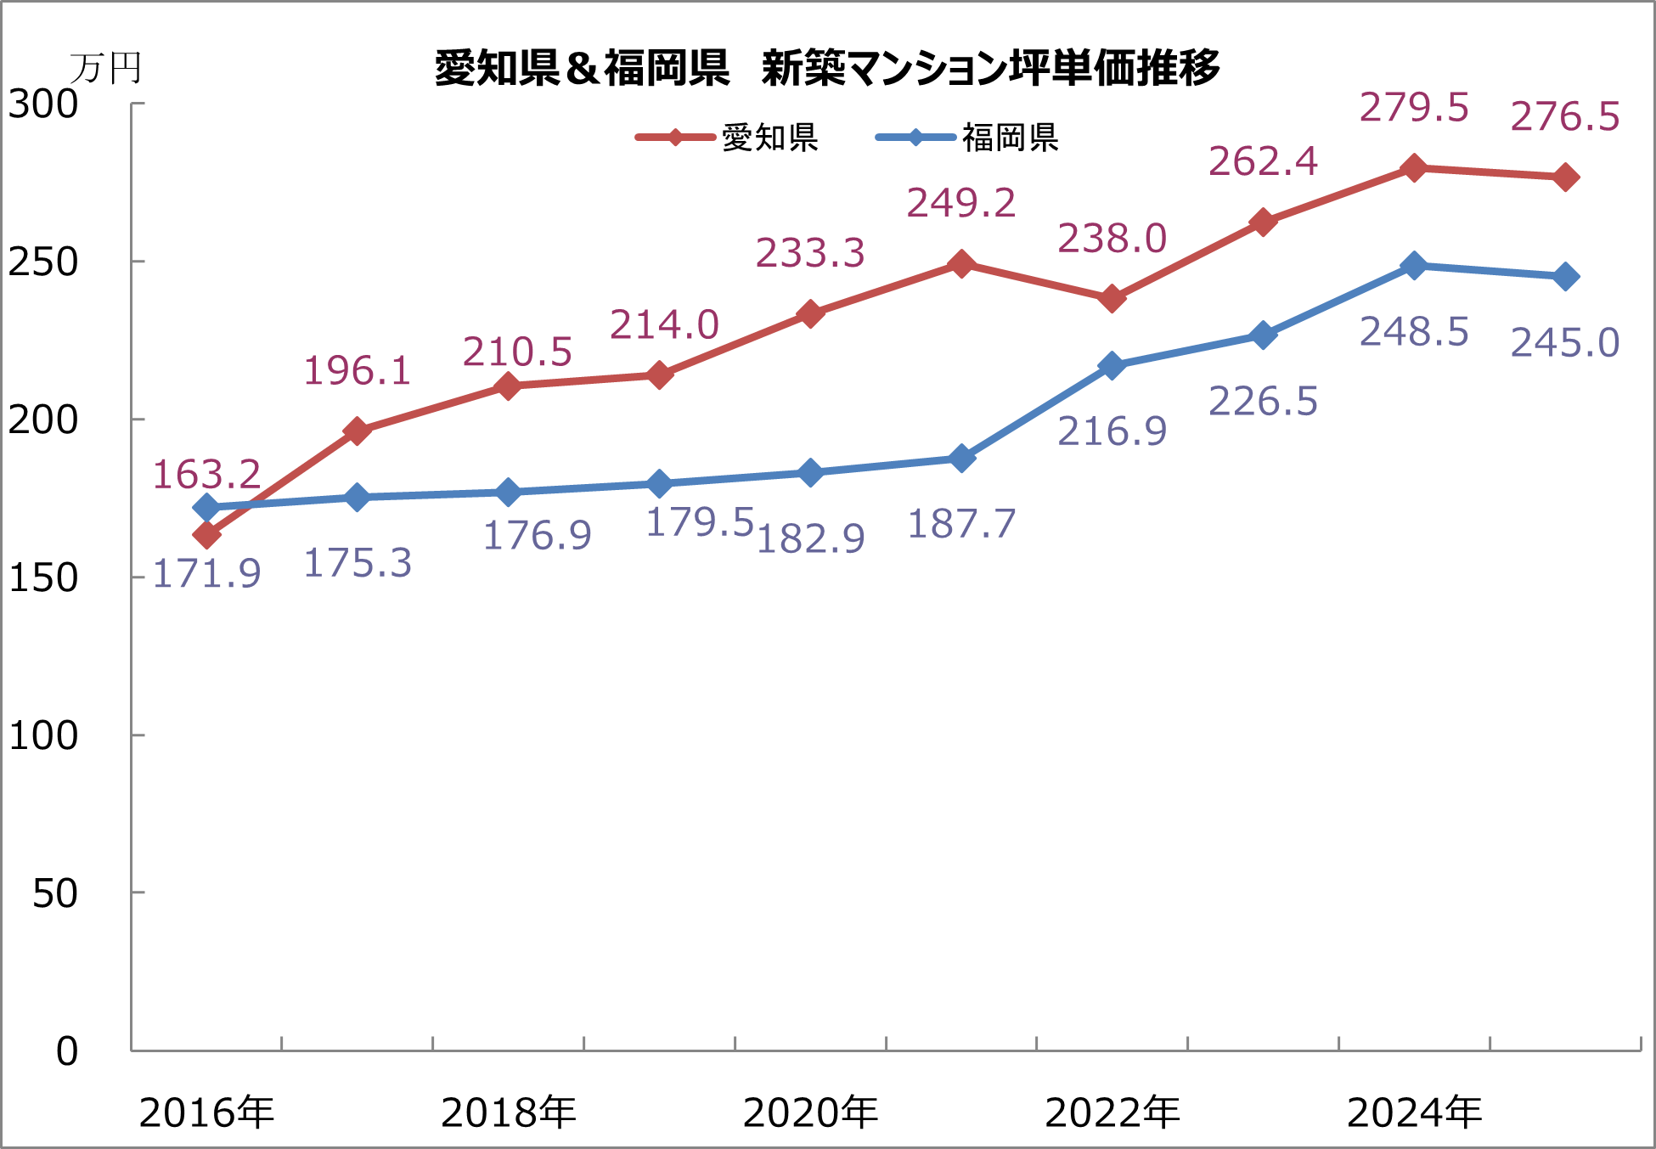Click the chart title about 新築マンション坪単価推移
[x=827, y=68]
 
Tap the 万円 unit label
[x=105, y=69]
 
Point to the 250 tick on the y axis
[x=43, y=262]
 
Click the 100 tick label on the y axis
[x=43, y=735]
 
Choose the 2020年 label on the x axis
[x=810, y=1112]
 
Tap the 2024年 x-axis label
[x=1414, y=1112]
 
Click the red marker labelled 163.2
[x=206, y=535]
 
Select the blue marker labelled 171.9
[x=206, y=508]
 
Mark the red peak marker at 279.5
[x=1414, y=168]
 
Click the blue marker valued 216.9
[x=1112, y=366]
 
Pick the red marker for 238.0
[x=1112, y=299]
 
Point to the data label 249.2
[x=960, y=204]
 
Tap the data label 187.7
[x=961, y=524]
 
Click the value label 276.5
[x=1564, y=117]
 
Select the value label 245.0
[x=1564, y=343]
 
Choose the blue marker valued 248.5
[x=1414, y=266]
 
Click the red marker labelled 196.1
[x=358, y=431]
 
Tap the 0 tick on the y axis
[x=67, y=1051]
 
